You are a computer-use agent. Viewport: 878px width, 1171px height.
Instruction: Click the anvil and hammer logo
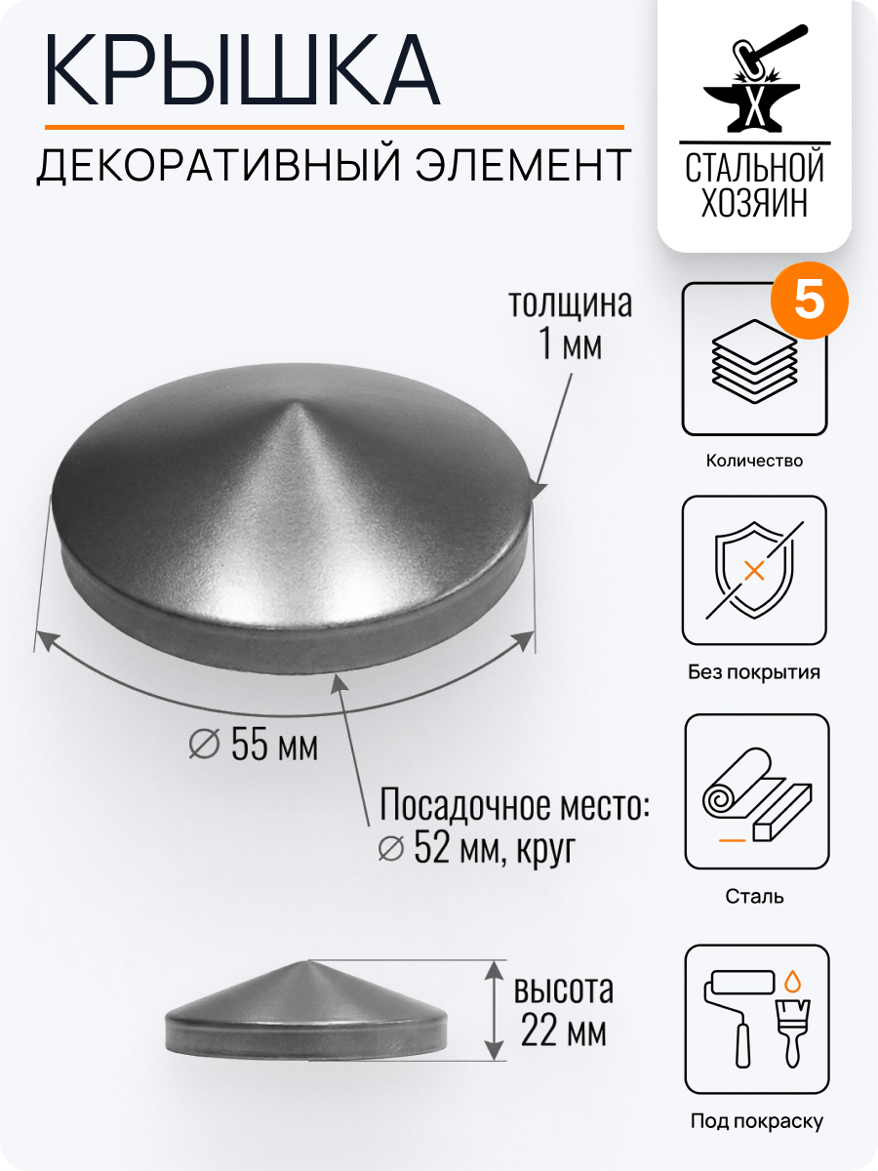pos(754,82)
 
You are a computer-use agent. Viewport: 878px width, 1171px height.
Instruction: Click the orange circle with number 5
pos(809,302)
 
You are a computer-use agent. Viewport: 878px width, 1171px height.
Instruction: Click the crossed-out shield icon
pos(754,570)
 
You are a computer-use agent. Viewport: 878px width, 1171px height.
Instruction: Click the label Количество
pos(754,461)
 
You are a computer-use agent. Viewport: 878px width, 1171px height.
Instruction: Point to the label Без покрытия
pos(754,672)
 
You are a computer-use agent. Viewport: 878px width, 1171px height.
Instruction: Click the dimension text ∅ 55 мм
pos(254,747)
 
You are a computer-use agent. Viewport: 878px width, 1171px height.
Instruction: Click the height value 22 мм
pos(563,1031)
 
